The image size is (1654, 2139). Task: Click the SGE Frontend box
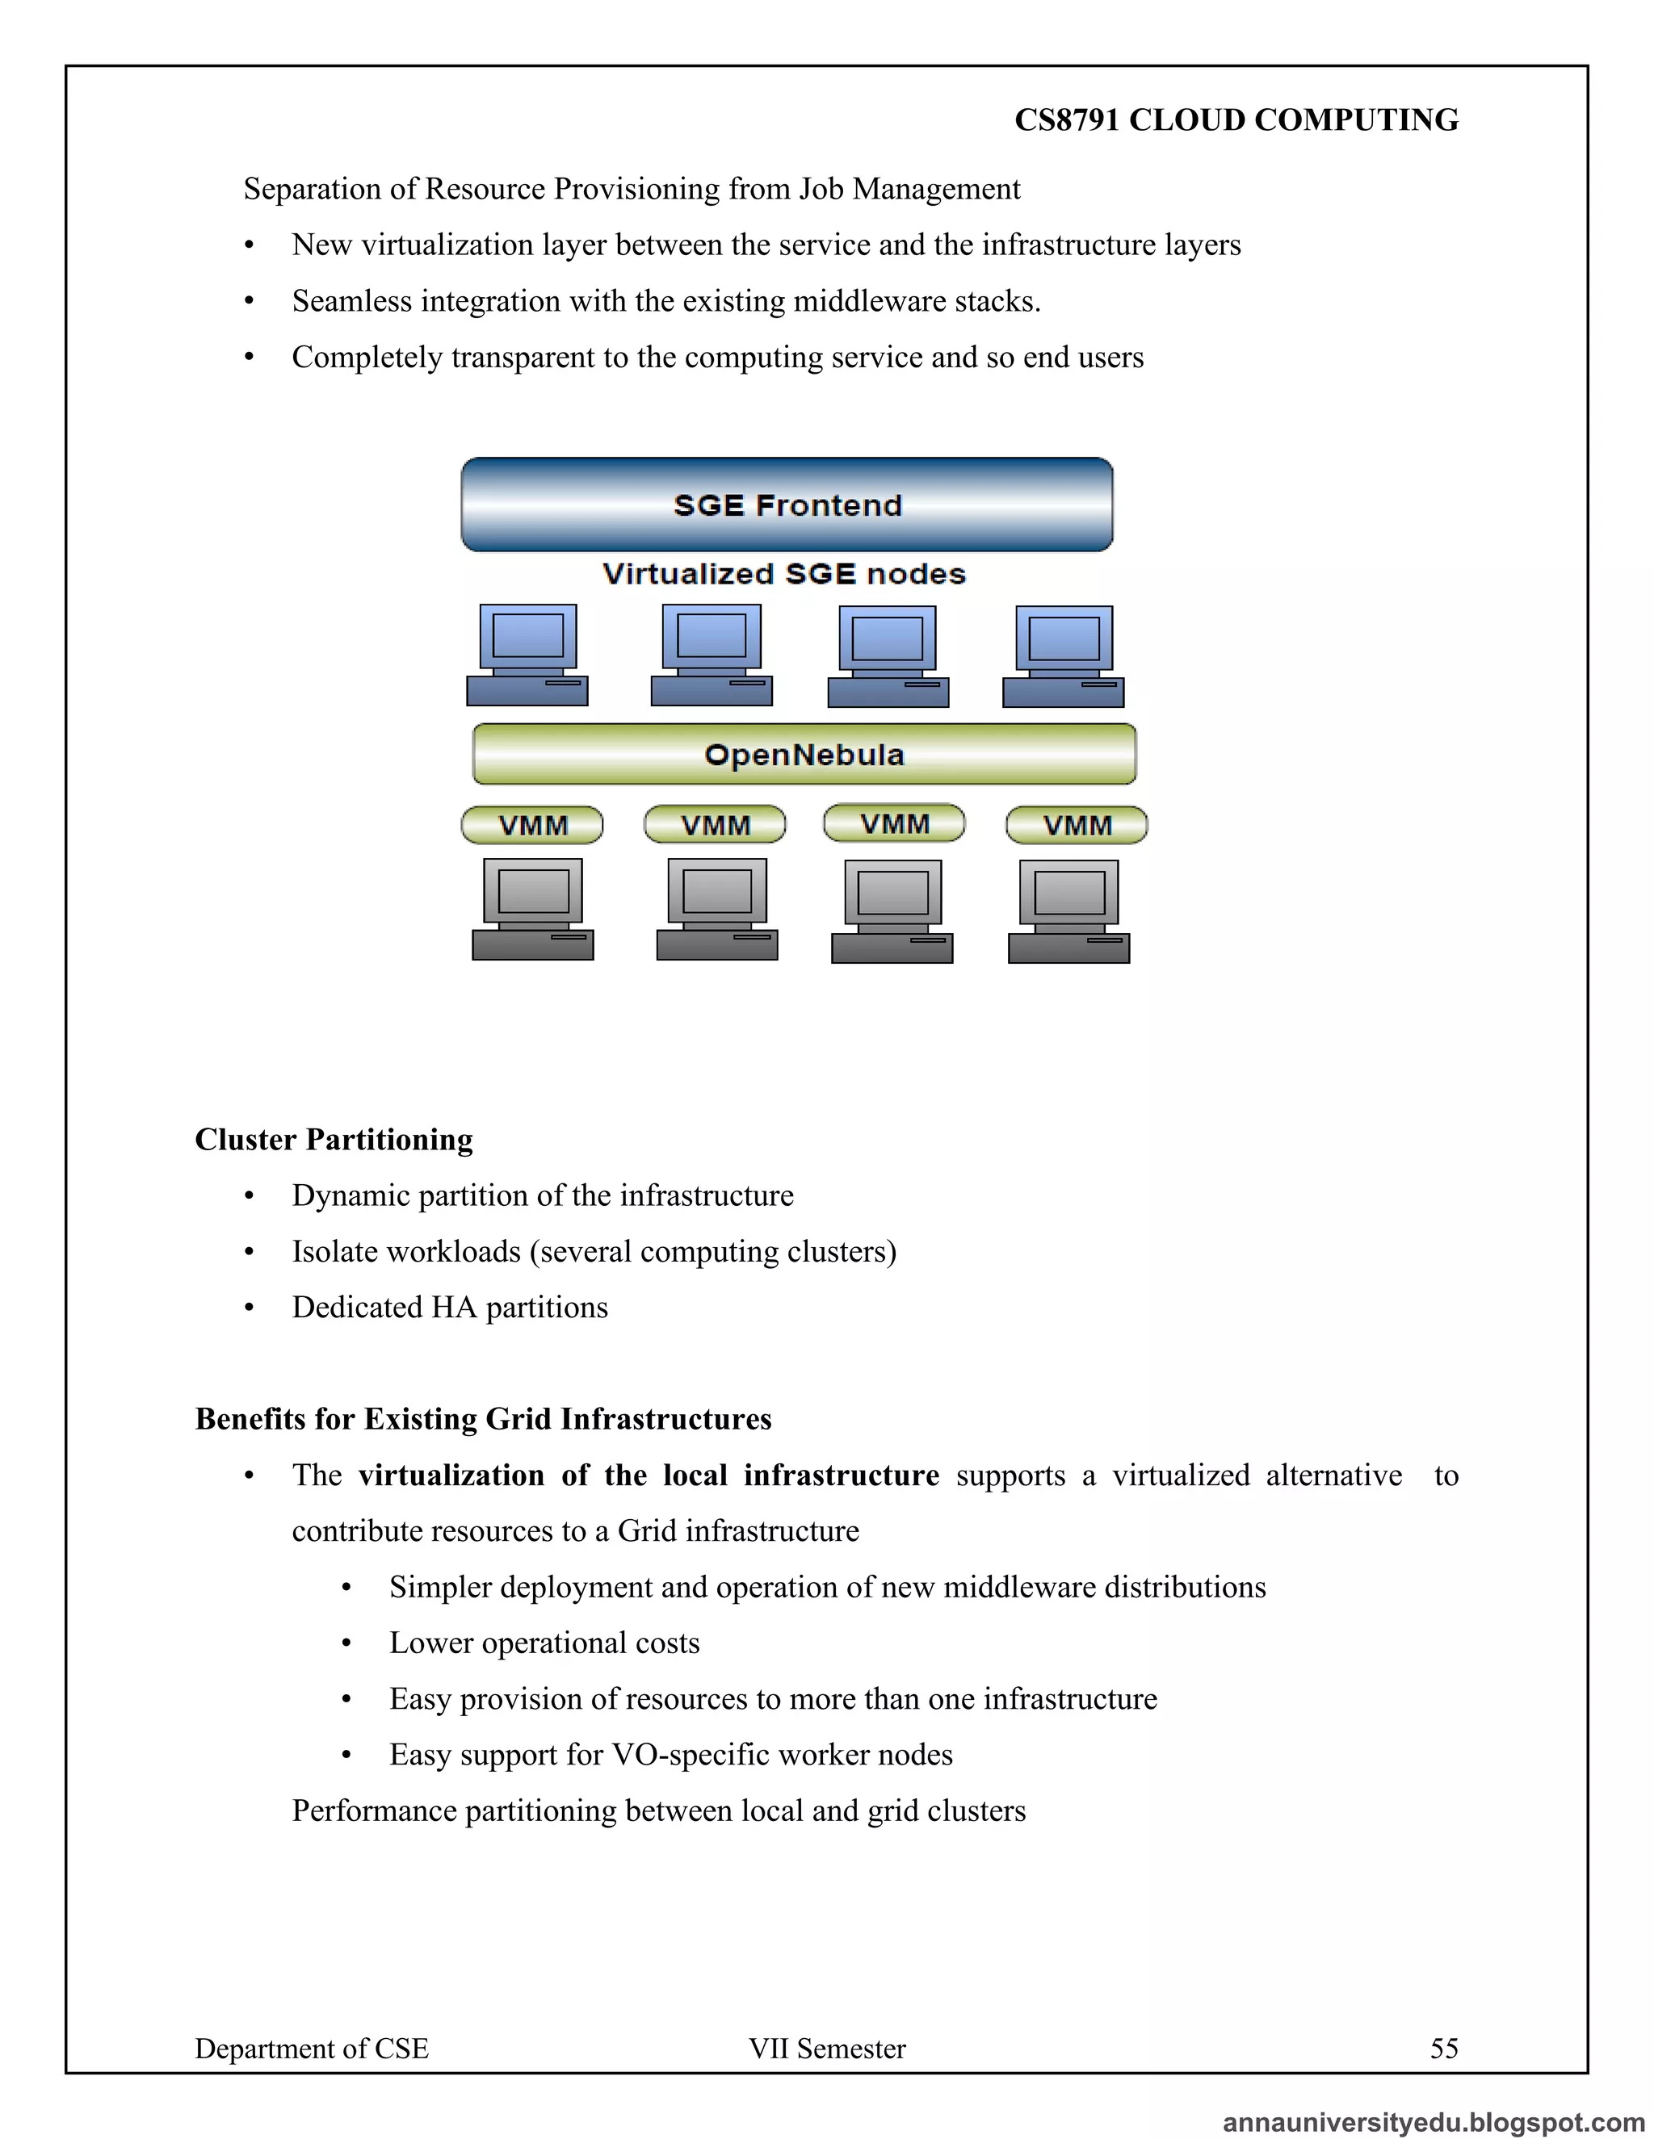(787, 504)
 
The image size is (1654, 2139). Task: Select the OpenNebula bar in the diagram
(804, 754)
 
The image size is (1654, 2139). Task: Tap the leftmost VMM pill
(532, 825)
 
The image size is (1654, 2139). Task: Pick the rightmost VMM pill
(1076, 825)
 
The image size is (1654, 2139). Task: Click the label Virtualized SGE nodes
(784, 574)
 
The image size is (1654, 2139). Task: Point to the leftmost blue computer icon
(527, 655)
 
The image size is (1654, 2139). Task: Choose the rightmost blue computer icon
(1063, 655)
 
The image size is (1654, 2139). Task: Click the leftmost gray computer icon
(532, 909)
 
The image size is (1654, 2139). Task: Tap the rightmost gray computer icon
(1069, 910)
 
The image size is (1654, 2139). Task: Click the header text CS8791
(1066, 119)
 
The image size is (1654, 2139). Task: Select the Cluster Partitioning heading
(334, 1139)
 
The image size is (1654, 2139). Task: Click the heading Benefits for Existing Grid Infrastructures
(483, 1419)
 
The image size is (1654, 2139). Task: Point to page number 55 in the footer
(1443, 2049)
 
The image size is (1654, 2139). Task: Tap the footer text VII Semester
(827, 2049)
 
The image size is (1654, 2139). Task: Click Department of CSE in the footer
(312, 2049)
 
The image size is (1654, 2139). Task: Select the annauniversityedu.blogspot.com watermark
(1433, 2122)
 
